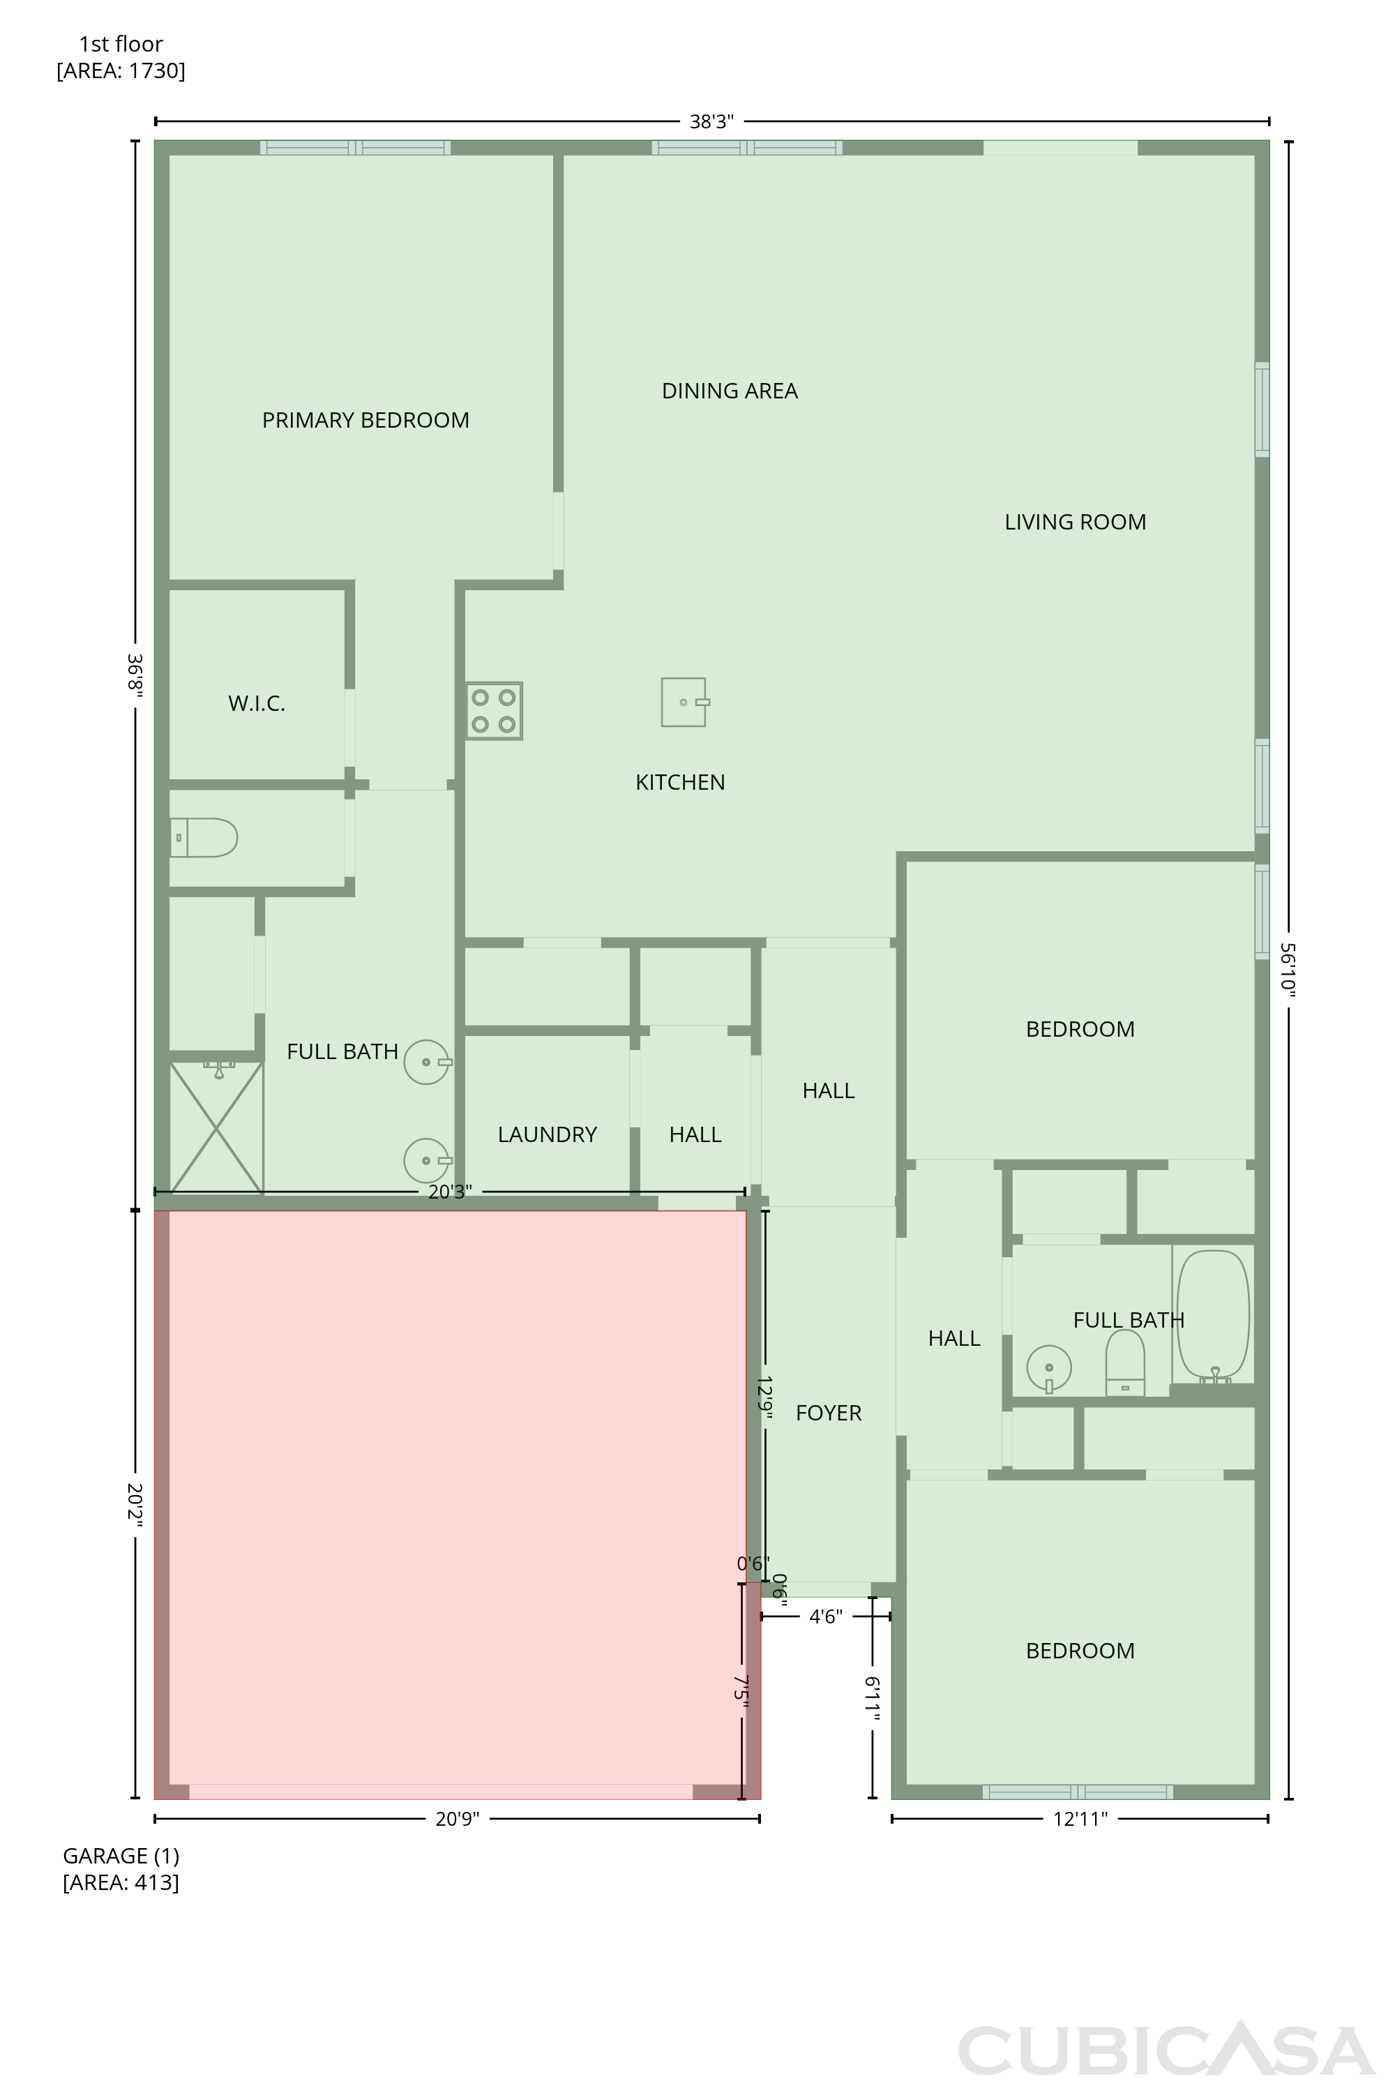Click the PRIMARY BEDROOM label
click(365, 420)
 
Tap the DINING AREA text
click(730, 391)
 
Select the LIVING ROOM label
click(1075, 523)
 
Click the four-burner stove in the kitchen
click(494, 711)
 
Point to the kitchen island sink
click(684, 702)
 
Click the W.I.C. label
click(256, 704)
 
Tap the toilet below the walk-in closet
click(204, 837)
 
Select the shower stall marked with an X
click(216, 1127)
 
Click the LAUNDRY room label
click(547, 1134)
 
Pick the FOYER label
click(829, 1413)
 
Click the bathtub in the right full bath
click(1214, 1317)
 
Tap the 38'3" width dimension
click(711, 122)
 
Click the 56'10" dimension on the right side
click(1288, 967)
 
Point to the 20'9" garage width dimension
click(458, 1819)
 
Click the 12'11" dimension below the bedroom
click(1080, 1819)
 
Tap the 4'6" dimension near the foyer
click(826, 1616)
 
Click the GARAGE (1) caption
click(121, 1856)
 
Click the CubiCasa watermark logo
click(1166, 2050)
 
